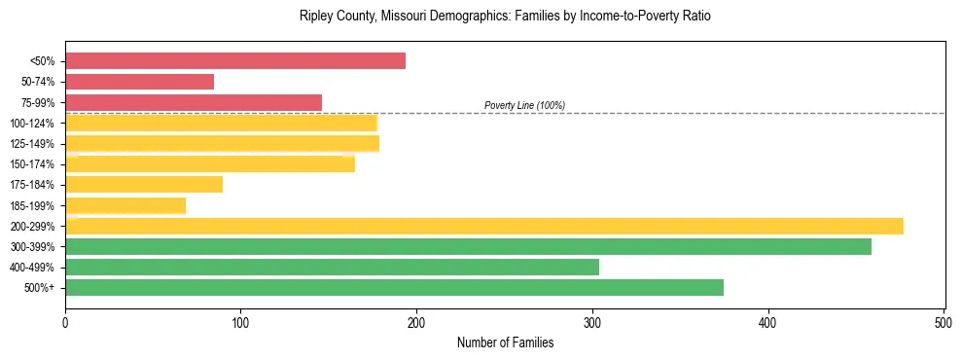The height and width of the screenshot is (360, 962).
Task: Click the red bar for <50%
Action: (235, 61)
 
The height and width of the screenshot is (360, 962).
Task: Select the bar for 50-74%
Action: (139, 82)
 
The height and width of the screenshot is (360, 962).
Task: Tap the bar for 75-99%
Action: (194, 102)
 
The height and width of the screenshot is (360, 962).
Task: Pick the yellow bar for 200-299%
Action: (484, 226)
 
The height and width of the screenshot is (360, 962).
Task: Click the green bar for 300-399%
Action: (468, 246)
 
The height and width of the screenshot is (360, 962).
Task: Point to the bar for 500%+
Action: (394, 287)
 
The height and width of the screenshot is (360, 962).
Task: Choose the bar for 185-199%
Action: (125, 205)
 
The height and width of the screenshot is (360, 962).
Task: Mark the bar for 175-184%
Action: (144, 185)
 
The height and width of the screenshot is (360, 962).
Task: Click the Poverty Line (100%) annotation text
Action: (524, 105)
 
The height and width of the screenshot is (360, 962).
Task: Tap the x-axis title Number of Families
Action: (505, 342)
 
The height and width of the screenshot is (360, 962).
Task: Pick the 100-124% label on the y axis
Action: (32, 124)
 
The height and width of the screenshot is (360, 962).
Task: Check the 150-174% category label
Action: (32, 164)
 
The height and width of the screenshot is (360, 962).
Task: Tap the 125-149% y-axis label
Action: (32, 144)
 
